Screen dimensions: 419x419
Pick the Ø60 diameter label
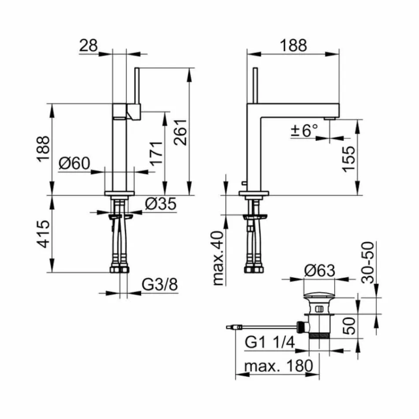point(74,164)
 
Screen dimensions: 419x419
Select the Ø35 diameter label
point(161,203)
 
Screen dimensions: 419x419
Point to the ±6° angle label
point(304,130)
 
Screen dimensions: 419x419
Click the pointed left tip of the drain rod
point(228,328)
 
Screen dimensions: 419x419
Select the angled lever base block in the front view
point(133,111)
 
